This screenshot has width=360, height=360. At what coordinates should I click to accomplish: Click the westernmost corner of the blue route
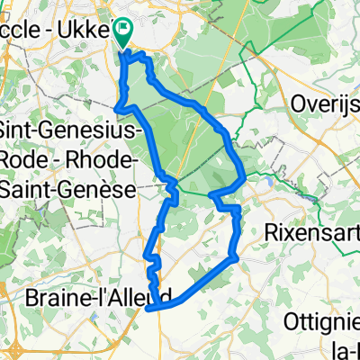(118, 108)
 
